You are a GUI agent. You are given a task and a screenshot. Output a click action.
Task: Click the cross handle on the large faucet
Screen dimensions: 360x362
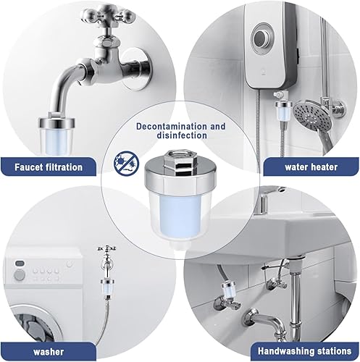pos(108,17)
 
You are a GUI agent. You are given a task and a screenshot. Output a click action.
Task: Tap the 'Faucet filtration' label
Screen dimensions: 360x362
pos(49,167)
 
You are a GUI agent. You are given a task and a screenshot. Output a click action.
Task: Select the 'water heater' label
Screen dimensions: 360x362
pos(311,167)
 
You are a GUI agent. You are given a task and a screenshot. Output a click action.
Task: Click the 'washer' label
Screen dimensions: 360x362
pos(49,352)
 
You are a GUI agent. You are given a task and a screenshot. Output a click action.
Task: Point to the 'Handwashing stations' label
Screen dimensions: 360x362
pos(305,351)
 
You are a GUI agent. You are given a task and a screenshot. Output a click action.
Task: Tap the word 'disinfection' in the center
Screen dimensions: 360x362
pos(182,135)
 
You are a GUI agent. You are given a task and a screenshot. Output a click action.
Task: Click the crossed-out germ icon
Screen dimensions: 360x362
pos(126,163)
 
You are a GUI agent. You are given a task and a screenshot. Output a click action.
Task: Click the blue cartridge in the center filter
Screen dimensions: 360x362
pos(178,216)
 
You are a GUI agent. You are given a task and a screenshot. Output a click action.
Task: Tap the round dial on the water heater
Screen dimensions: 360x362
pos(264,36)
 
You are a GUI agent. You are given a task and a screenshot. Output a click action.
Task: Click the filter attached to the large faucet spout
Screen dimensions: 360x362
pos(57,135)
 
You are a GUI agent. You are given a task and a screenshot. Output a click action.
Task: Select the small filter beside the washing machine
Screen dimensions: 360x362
pos(107,288)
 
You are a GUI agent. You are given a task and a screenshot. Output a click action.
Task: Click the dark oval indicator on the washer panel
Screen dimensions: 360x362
pos(19,263)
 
